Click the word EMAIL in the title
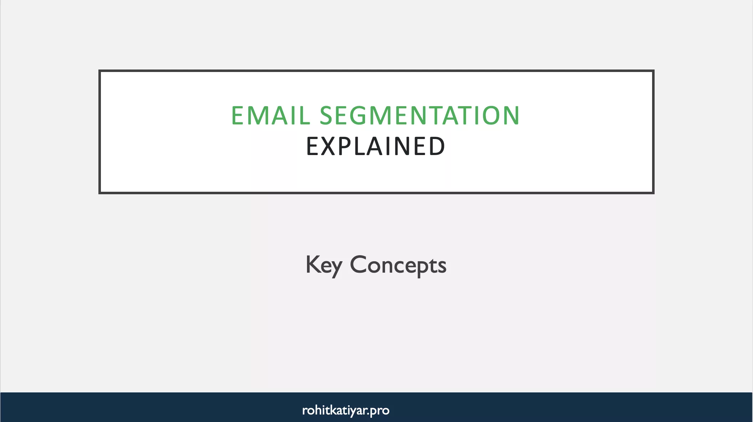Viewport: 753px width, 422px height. point(271,115)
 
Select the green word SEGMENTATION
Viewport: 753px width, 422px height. point(420,115)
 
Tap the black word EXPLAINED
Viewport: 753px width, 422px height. point(376,146)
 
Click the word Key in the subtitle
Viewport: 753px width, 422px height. point(324,265)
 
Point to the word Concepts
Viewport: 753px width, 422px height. point(398,265)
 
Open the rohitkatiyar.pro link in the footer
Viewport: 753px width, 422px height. point(345,410)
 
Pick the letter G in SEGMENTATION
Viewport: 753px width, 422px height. point(362,115)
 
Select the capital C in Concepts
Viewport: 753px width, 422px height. point(358,264)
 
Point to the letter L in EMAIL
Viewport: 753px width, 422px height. point(305,115)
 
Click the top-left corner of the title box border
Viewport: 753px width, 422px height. point(100,71)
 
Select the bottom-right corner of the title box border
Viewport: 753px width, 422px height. point(653,193)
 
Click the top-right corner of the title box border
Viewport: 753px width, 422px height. point(653,71)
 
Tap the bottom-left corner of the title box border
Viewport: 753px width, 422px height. point(100,193)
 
